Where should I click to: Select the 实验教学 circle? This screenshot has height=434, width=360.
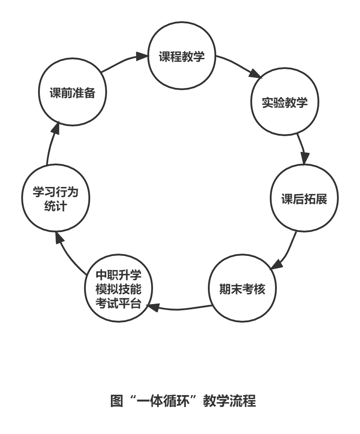point(285,102)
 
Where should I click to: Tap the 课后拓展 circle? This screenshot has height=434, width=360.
point(304,198)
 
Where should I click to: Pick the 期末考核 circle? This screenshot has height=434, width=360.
point(242,289)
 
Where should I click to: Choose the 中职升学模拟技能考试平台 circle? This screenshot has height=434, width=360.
point(119,289)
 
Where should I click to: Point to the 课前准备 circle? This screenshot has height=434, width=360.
point(72,92)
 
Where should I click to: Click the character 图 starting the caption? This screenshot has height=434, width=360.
point(116,401)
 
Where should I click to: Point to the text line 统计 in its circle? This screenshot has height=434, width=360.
point(56,206)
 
